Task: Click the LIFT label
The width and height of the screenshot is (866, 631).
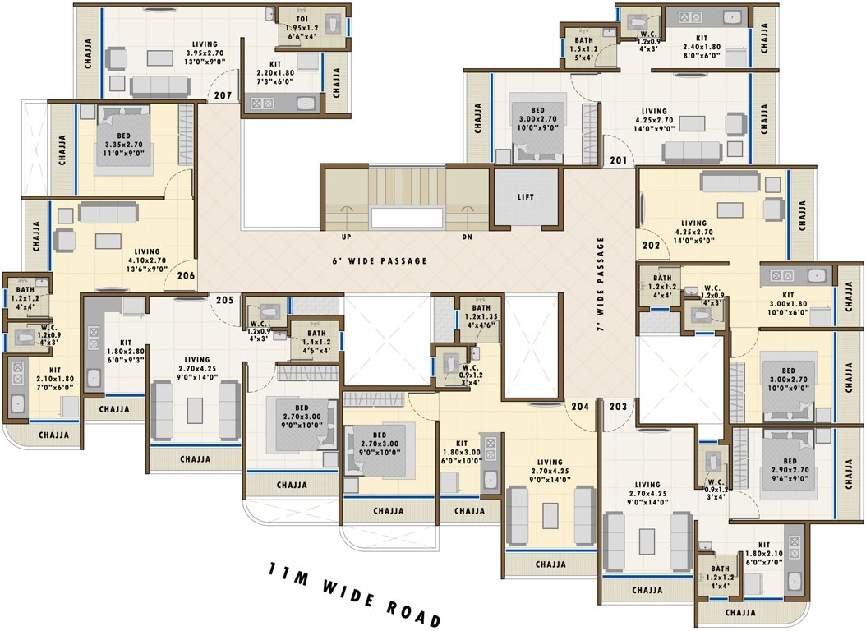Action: [525, 197]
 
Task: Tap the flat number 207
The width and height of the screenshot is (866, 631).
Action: [223, 96]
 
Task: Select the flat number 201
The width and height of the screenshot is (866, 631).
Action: [618, 160]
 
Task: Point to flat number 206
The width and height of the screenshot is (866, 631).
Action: [186, 275]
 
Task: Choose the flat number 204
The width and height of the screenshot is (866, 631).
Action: [581, 406]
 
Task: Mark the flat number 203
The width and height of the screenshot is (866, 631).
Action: [619, 406]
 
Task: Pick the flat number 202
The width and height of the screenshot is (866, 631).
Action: [652, 245]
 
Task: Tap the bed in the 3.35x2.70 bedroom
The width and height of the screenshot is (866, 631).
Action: [123, 140]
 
